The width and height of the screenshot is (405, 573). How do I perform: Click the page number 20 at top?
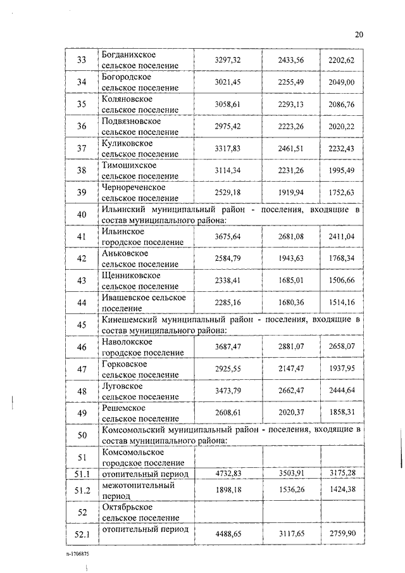click(359, 34)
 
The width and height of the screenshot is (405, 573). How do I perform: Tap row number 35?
click(81, 104)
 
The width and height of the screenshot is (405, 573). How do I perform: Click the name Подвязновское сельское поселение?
click(140, 126)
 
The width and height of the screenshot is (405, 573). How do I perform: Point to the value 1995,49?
click(342, 170)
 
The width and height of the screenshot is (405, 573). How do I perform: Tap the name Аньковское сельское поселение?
click(140, 258)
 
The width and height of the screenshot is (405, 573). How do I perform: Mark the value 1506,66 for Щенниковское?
click(342, 280)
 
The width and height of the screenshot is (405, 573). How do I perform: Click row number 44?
click(81, 303)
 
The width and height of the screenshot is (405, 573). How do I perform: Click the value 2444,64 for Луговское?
click(342, 391)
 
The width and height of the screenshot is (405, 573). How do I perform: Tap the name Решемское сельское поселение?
click(140, 413)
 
